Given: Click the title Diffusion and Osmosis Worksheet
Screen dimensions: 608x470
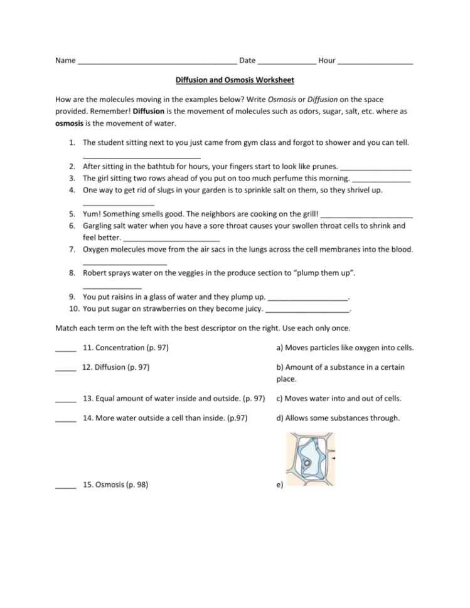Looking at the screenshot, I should pyautogui.click(x=235, y=80).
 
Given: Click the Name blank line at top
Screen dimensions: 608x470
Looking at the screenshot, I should pyautogui.click(x=158, y=62).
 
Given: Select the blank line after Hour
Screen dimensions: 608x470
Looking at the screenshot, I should pyautogui.click(x=375, y=62).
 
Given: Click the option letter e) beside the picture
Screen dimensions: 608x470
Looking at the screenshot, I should pyautogui.click(x=279, y=485).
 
